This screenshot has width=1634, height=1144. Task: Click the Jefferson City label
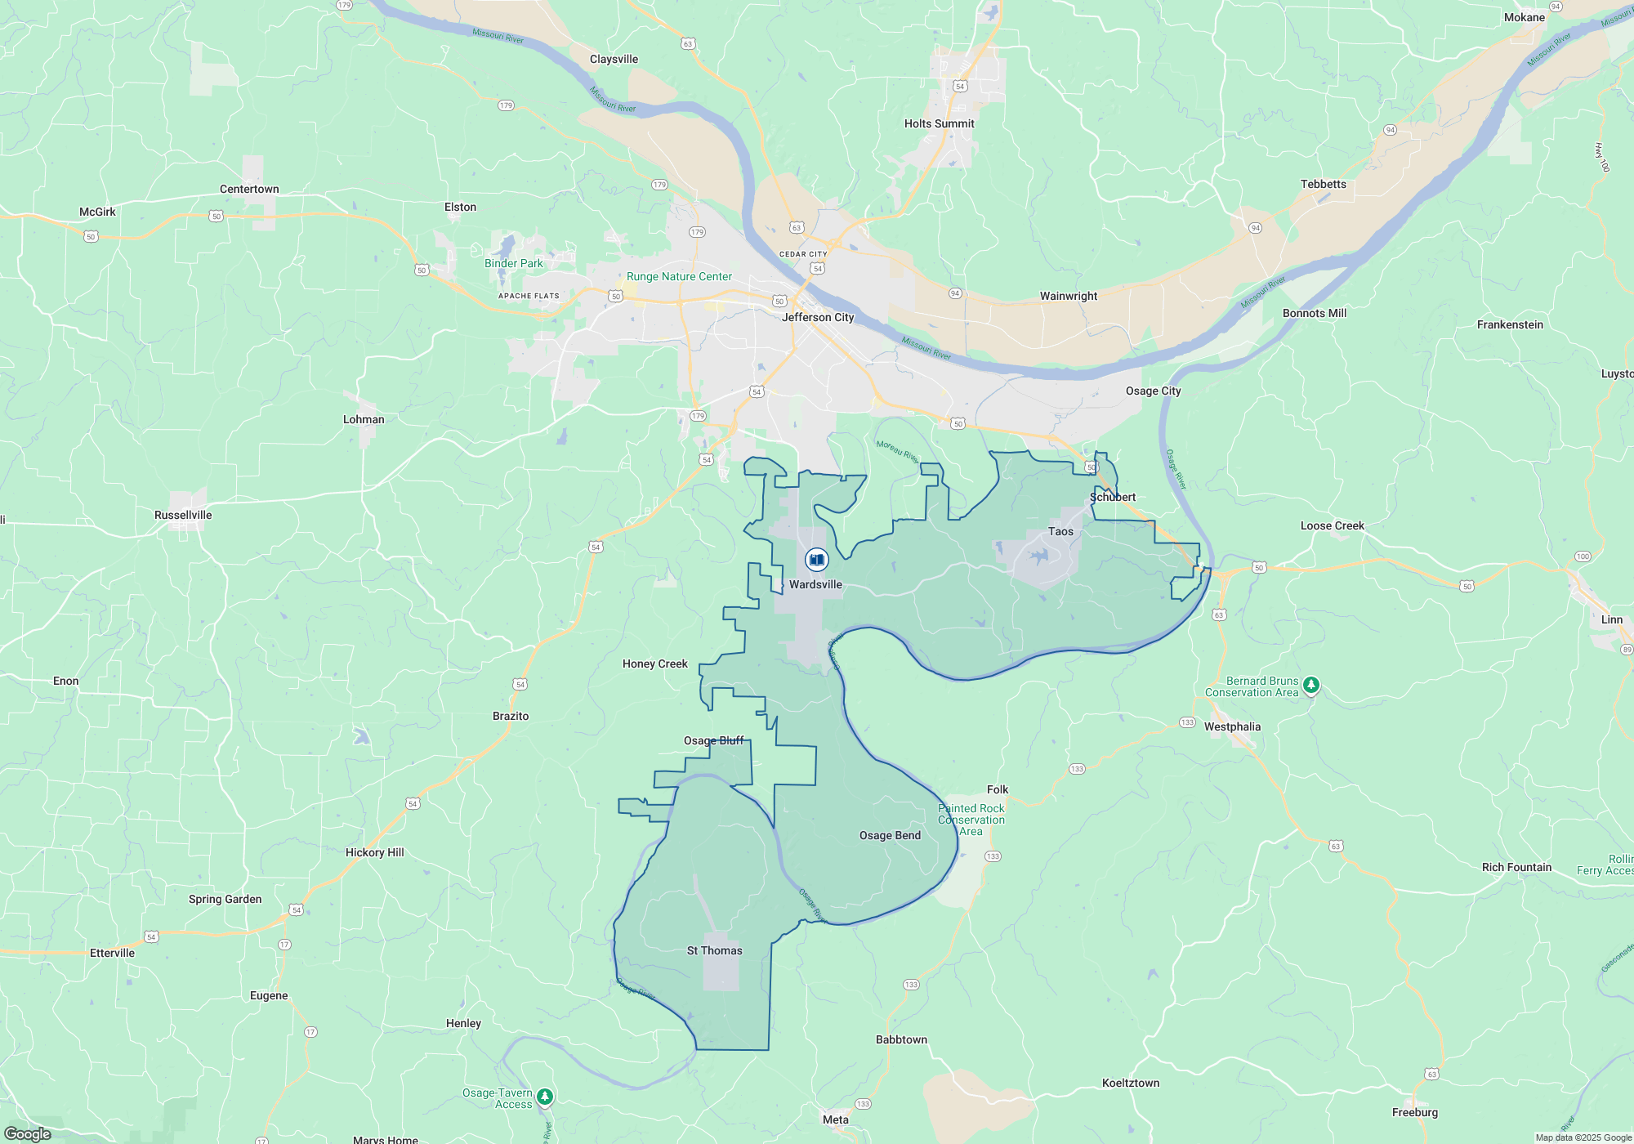[x=818, y=317]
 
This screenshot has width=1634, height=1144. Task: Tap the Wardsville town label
[x=815, y=584]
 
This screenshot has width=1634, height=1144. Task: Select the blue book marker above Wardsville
[x=816, y=560]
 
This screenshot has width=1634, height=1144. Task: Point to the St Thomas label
[x=715, y=950]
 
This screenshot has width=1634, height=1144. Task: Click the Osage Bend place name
[x=890, y=835]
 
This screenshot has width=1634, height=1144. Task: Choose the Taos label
[x=1060, y=531]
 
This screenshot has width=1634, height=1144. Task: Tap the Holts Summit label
[x=939, y=123]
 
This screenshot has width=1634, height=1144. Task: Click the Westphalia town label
[x=1232, y=726]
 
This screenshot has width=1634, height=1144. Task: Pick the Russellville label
[x=183, y=515]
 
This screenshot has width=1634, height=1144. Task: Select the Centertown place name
[x=249, y=189]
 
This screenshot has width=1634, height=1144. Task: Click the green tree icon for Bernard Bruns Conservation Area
[x=1311, y=685]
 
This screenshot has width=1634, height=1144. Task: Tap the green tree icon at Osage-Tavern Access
[x=545, y=1097]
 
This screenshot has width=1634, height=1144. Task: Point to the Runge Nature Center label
[x=679, y=276]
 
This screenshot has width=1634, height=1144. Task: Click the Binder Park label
[x=513, y=263]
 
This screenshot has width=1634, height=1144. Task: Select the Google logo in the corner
[x=27, y=1133]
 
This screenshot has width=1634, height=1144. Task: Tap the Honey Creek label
[x=655, y=664]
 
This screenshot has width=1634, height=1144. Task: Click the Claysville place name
[x=614, y=59]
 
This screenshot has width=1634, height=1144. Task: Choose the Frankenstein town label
[x=1510, y=324]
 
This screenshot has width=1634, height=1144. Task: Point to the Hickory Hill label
[x=374, y=852]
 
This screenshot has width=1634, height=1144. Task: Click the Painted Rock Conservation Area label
[x=971, y=820]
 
